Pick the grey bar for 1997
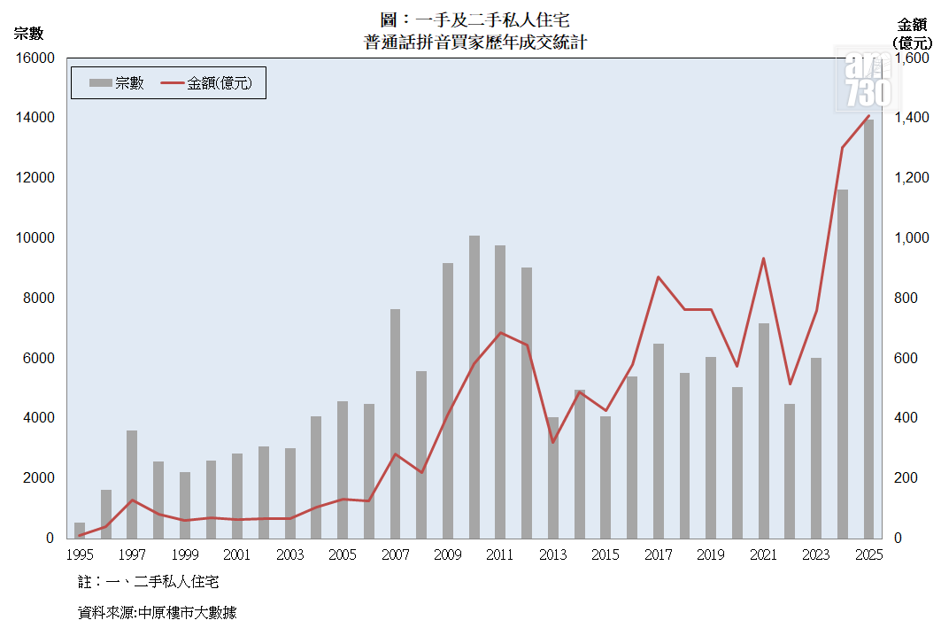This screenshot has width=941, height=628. [x=132, y=484]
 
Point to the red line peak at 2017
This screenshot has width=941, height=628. [x=659, y=277]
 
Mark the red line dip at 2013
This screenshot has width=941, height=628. [x=553, y=442]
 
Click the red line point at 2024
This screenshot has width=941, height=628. [x=842, y=148]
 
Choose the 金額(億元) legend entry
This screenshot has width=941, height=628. [x=207, y=83]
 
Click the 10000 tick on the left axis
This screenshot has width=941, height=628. [x=36, y=238]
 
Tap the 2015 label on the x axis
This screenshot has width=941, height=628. [x=605, y=555]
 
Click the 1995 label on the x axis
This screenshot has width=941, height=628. [x=80, y=555]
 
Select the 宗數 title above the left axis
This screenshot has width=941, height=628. [x=28, y=34]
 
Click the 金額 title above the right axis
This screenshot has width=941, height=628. [x=913, y=24]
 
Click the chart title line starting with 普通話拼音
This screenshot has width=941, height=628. [x=475, y=42]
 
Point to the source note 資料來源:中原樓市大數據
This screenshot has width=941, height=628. [x=158, y=612]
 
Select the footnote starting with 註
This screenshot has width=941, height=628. [x=148, y=582]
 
